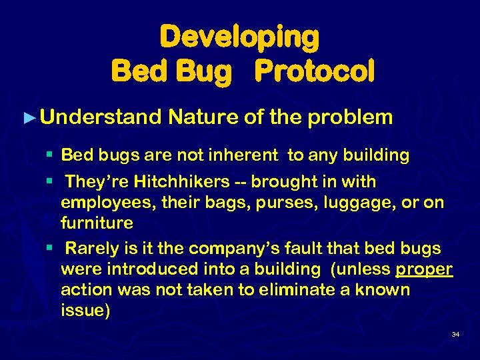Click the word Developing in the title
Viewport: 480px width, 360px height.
click(239, 37)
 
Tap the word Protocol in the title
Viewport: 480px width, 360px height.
click(317, 70)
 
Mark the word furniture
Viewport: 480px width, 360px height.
click(97, 222)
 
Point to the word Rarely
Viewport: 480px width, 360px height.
click(93, 249)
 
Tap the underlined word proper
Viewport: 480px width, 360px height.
click(424, 269)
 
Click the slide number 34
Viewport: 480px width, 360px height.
click(455, 334)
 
